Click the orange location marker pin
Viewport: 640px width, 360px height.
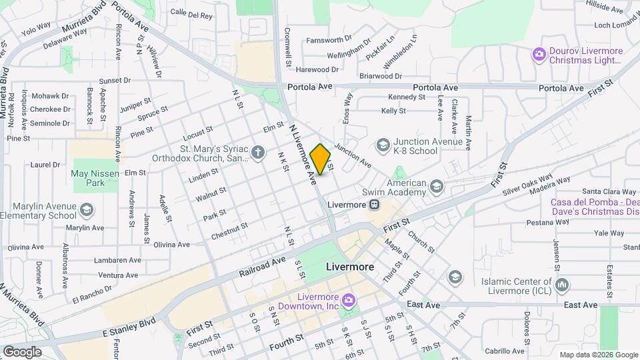pos(321,159)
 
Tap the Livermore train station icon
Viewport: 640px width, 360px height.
pos(375,204)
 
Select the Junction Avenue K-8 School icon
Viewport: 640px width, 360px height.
pos(383,145)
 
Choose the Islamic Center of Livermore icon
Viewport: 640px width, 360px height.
pos(562,285)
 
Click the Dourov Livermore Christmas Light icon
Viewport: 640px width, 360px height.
pos(539,55)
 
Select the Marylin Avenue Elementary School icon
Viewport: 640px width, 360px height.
pos(86,211)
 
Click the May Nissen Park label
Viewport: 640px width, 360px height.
pos(89,177)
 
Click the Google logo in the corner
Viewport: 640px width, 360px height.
pos(22,351)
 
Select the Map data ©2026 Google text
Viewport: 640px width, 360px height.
pos(597,355)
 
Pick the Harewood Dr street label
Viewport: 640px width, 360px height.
pos(317,69)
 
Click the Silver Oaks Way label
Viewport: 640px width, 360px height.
pos(528,185)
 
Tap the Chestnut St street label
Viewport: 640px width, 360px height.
pos(229,231)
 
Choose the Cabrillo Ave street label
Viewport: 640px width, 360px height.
pos(505,351)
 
